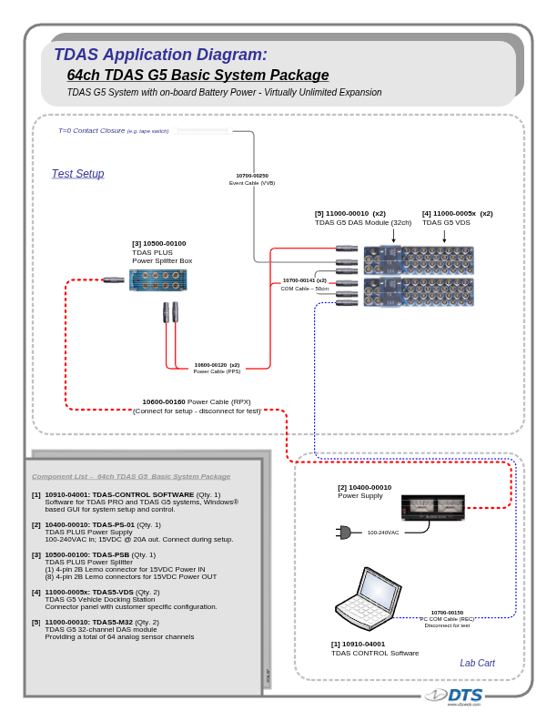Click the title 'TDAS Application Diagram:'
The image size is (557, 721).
tap(160, 55)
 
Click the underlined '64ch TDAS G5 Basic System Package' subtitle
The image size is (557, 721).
tap(197, 76)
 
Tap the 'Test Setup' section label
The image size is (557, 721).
tap(77, 174)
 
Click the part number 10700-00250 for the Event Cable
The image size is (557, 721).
tap(252, 175)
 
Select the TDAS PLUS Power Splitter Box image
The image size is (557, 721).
tap(158, 279)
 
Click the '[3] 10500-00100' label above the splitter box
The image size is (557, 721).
tap(158, 243)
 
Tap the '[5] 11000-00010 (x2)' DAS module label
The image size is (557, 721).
tap(350, 213)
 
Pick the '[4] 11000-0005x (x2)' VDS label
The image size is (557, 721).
tap(457, 213)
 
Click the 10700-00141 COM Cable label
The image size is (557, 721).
tap(304, 280)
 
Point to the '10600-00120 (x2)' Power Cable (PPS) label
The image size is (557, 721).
tap(217, 364)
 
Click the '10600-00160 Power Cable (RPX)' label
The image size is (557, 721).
tap(196, 401)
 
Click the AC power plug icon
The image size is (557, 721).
tap(344, 532)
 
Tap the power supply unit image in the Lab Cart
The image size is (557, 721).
tap(432, 508)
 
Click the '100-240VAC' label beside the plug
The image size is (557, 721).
tap(382, 533)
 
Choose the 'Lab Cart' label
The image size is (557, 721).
tap(477, 663)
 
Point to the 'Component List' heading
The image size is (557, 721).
tap(131, 476)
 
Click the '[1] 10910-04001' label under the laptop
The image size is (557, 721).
tap(358, 644)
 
